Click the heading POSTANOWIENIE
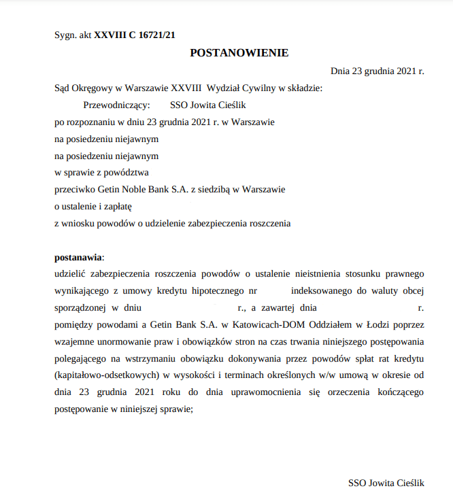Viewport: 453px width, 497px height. [239, 52]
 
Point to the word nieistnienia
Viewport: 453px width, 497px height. [318, 274]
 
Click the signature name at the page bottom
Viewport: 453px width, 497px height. [386, 483]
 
